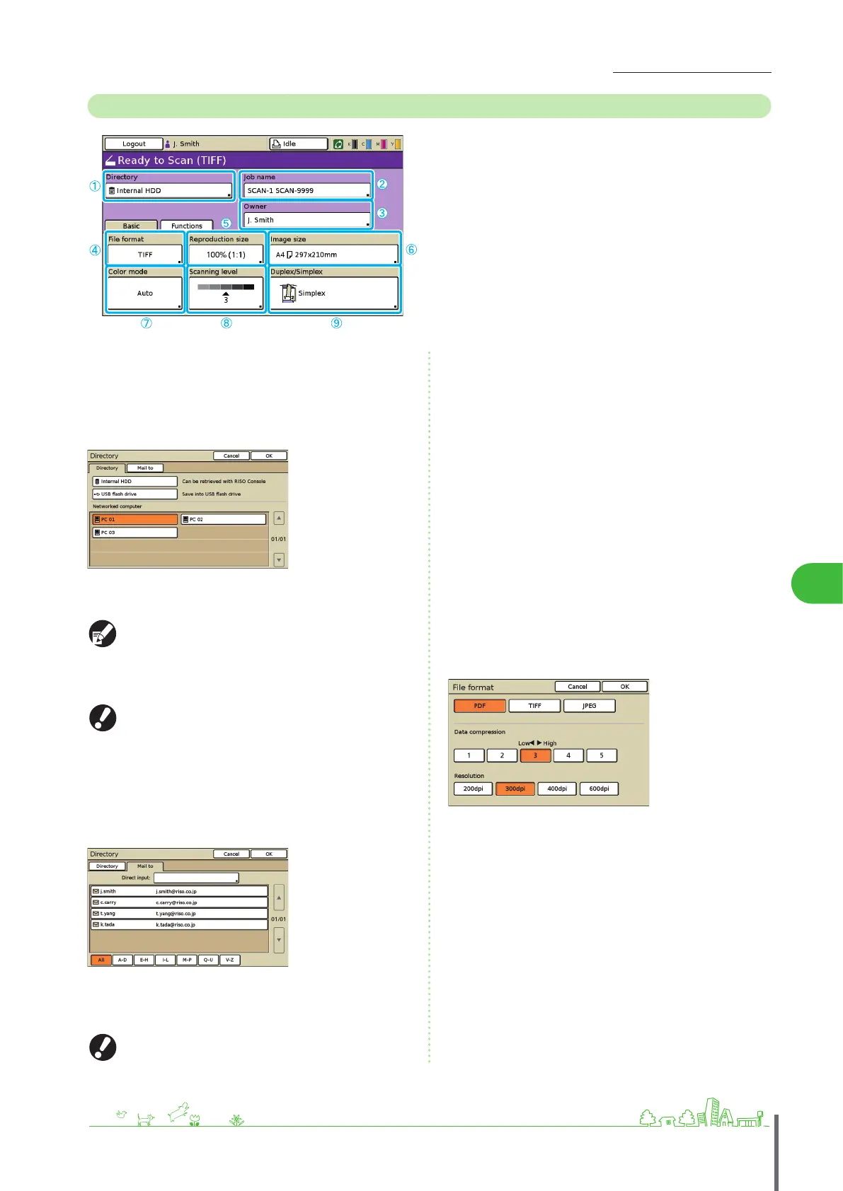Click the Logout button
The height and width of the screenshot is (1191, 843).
pyautogui.click(x=134, y=144)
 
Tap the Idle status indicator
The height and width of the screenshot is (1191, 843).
pyautogui.click(x=298, y=144)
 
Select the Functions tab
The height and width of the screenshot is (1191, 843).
pyautogui.click(x=186, y=226)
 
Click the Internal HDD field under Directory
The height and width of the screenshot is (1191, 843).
pyautogui.click(x=168, y=190)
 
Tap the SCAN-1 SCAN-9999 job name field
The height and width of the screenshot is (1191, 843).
pyautogui.click(x=306, y=190)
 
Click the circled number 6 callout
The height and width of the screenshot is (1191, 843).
pyautogui.click(x=411, y=249)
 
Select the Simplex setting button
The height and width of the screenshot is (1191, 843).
pyautogui.click(x=333, y=293)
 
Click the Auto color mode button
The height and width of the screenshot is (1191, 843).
pyautogui.click(x=144, y=293)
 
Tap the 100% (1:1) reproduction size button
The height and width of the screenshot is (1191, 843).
pyautogui.click(x=226, y=255)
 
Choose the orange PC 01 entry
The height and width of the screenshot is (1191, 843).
pyautogui.click(x=135, y=519)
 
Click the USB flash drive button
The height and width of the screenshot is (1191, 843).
pyautogui.click(x=134, y=494)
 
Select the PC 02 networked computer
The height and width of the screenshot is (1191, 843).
pyautogui.click(x=223, y=519)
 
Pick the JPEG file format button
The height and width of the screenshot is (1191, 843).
pyautogui.click(x=589, y=706)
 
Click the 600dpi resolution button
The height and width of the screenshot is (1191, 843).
pyautogui.click(x=599, y=789)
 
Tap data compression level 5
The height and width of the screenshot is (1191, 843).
pyautogui.click(x=602, y=755)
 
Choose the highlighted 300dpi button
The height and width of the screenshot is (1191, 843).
pyautogui.click(x=515, y=789)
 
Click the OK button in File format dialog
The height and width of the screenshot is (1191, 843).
pyautogui.click(x=624, y=687)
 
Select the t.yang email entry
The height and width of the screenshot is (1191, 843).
pyautogui.click(x=178, y=913)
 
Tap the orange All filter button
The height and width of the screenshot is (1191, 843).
pyautogui.click(x=101, y=960)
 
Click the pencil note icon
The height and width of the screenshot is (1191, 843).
pyautogui.click(x=103, y=634)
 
